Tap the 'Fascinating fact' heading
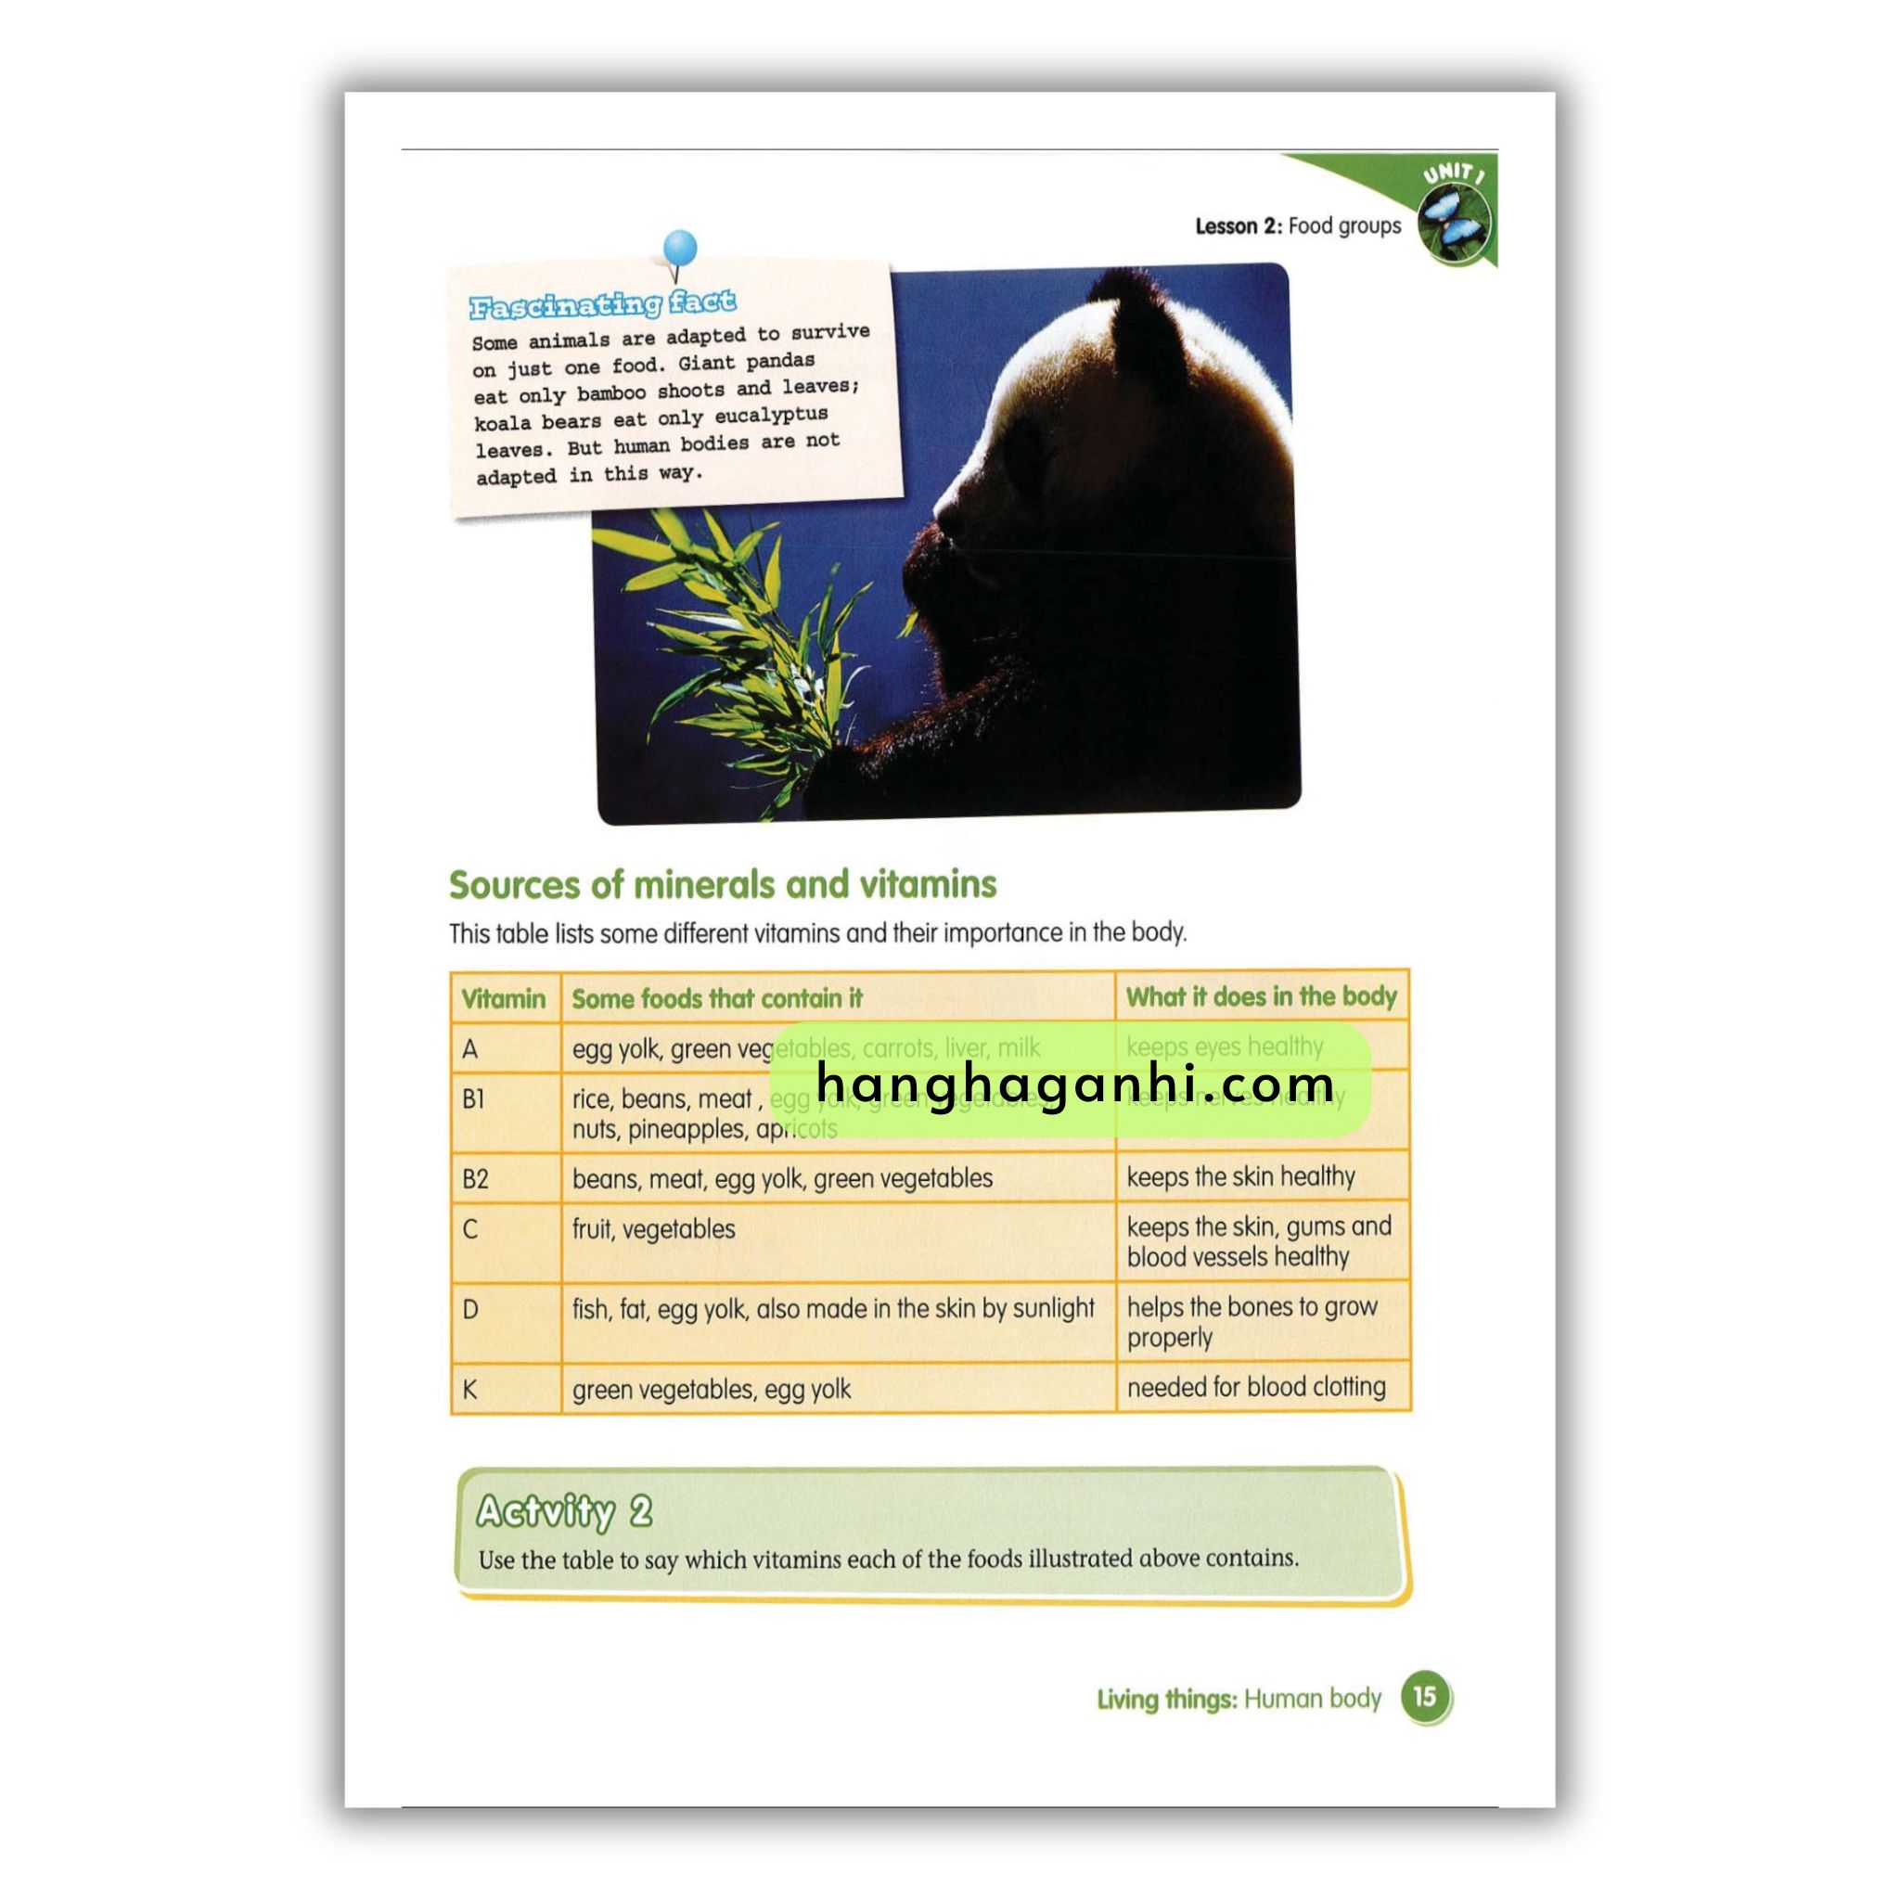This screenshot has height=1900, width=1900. point(602,305)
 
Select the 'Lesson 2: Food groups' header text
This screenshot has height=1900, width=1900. point(1297,226)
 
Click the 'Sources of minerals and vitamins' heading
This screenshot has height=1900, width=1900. point(723,885)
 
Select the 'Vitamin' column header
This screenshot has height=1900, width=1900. point(504,999)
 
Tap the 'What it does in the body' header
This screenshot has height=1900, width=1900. point(1261,997)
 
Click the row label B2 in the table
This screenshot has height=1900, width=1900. point(475,1179)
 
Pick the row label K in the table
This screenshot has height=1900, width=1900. point(470,1390)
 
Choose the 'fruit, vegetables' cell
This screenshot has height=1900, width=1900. point(653,1229)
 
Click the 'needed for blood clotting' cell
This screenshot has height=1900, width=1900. point(1256,1388)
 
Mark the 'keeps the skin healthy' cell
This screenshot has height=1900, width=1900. point(1240,1177)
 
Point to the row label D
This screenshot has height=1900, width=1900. point(470,1310)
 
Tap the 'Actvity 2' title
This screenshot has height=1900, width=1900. point(563,1511)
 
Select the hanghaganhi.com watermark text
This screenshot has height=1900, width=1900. point(1075,1084)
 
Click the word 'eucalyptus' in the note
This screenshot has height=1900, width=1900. point(771,415)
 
